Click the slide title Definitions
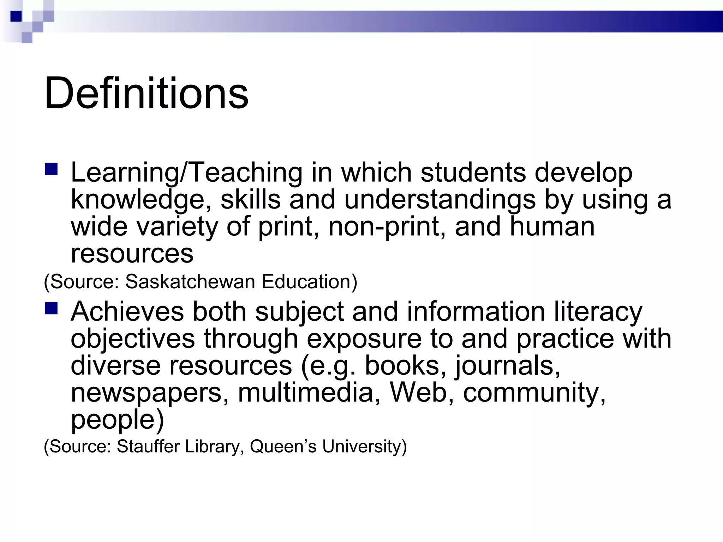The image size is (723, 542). point(146,93)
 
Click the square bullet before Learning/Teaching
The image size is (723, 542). point(51,169)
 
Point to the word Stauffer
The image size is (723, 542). point(148,446)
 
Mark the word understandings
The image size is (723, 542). point(440,200)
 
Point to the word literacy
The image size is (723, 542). point(598,312)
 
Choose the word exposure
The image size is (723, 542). point(364,339)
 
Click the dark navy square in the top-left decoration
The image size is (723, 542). point(16,16)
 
